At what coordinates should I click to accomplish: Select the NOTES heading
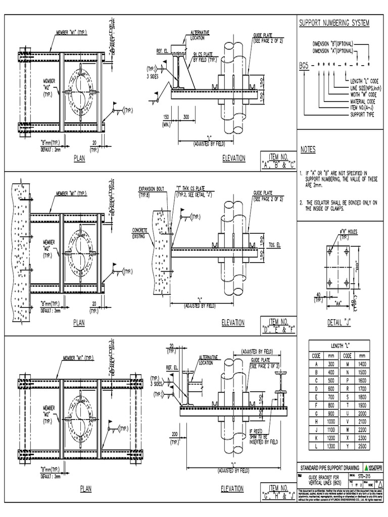coord(308,150)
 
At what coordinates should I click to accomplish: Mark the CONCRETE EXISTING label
coord(139,233)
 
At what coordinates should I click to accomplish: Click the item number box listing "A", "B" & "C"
coord(277,160)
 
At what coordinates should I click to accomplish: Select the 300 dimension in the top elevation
coord(186,117)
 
